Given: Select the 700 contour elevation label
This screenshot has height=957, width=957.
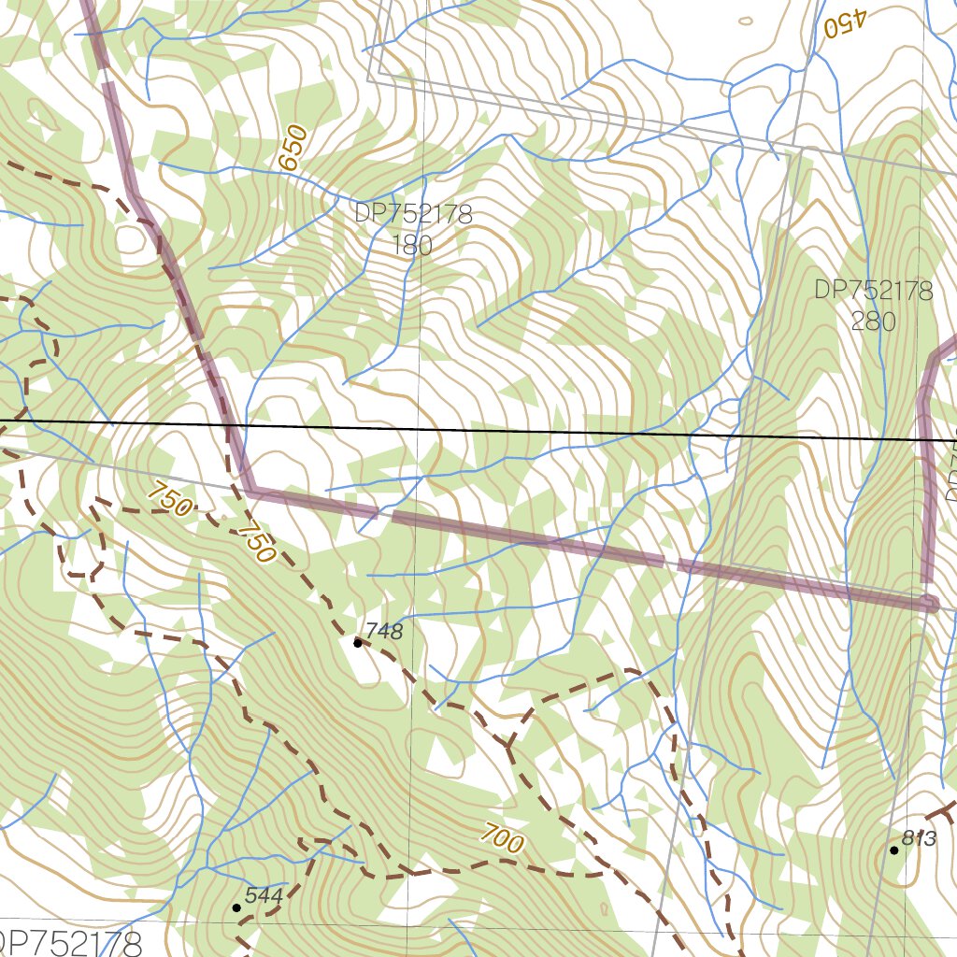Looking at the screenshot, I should click(x=503, y=838).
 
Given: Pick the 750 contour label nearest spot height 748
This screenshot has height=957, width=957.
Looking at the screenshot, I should click(x=256, y=543).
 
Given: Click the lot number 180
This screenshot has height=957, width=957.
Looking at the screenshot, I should click(x=412, y=246).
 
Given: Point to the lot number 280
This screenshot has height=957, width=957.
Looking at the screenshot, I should click(x=873, y=321).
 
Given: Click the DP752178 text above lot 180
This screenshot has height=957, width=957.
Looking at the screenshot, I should click(x=412, y=214).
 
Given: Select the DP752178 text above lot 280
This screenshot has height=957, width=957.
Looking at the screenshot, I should click(x=873, y=291).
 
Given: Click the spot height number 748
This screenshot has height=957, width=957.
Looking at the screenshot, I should click(x=384, y=632).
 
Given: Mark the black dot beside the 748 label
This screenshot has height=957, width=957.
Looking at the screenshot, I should click(x=357, y=643).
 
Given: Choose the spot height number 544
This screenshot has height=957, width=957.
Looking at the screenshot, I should click(x=264, y=895).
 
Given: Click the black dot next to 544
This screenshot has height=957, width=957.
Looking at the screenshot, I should click(x=236, y=907).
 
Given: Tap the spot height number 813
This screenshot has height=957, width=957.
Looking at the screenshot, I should click(x=920, y=838).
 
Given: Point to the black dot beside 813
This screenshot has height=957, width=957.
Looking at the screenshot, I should click(x=894, y=850).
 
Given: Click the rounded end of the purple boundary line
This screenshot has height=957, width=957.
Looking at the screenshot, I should click(x=929, y=604).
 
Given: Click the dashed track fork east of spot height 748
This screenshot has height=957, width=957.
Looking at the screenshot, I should click(x=509, y=746).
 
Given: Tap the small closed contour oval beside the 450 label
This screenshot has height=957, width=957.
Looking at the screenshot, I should click(x=745, y=21).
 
